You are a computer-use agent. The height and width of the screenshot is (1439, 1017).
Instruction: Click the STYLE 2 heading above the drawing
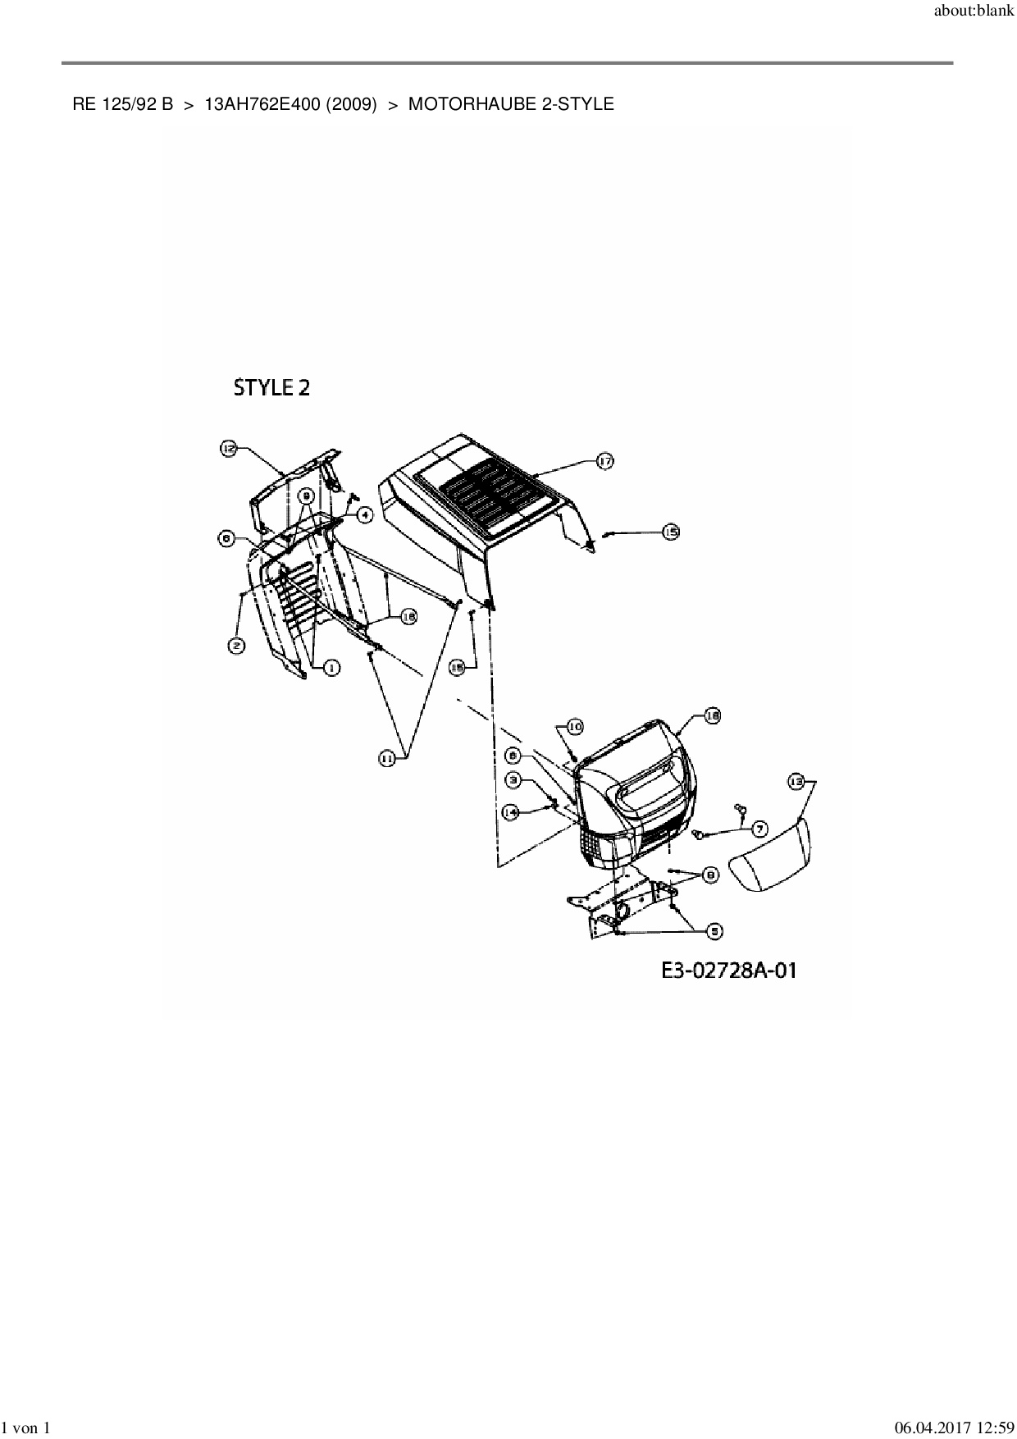(271, 388)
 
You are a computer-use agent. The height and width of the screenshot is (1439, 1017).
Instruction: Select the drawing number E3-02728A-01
(729, 971)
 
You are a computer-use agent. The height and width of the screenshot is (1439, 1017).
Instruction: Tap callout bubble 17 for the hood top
(604, 462)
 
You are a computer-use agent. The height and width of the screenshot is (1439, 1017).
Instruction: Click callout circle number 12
(229, 448)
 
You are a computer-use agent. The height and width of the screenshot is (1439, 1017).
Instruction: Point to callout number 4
(363, 514)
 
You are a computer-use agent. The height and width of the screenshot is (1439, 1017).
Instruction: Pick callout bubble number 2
(235, 646)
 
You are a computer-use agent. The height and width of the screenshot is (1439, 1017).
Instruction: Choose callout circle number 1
(331, 669)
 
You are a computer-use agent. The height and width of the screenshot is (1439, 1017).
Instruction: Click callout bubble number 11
(387, 760)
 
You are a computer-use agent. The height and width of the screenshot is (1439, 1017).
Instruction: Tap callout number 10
(574, 727)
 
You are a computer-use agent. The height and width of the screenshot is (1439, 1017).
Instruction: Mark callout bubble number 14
(511, 811)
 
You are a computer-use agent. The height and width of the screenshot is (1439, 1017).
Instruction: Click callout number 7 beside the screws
(756, 829)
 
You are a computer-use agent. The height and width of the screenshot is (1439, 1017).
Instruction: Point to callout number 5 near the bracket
(714, 930)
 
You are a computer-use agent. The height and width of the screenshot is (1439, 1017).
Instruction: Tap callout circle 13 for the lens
(795, 782)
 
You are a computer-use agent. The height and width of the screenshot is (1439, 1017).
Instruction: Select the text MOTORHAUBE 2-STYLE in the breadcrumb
(510, 104)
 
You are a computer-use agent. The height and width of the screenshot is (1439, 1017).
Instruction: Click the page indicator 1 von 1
(27, 1428)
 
